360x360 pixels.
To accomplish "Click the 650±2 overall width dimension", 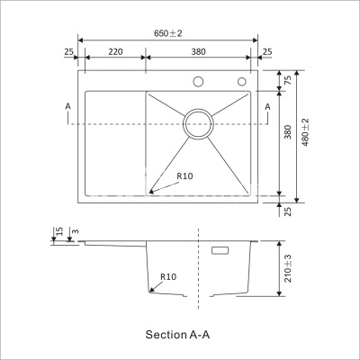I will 168,33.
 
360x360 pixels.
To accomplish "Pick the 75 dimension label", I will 288,80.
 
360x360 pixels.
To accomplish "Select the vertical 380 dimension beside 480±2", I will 288,132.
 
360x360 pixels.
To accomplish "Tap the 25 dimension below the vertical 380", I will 288,211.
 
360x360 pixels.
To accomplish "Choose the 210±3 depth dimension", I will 288,267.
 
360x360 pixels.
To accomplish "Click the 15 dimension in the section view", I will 58,233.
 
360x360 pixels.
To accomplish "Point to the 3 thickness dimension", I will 75,233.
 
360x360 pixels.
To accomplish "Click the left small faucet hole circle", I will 198,83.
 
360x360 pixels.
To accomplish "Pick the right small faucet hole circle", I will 242,83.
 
